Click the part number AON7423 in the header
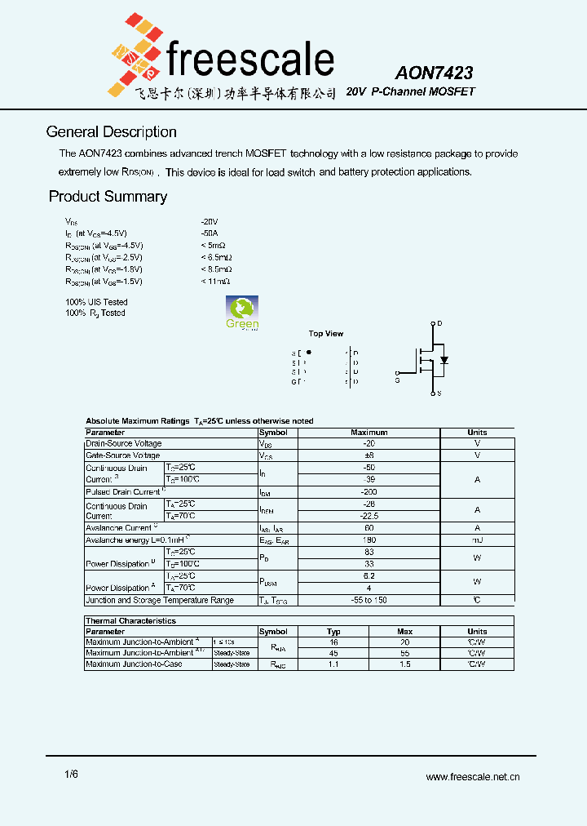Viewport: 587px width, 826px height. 434,73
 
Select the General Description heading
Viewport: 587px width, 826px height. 111,132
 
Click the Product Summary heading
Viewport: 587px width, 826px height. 108,197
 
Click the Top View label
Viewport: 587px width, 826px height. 326,334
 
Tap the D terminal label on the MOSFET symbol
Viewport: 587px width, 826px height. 439,324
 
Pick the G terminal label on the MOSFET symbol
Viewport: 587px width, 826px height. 397,380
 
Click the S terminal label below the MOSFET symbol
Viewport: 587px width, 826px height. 439,393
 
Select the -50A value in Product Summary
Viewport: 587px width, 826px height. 209,233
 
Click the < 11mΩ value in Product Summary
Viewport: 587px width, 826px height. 215,281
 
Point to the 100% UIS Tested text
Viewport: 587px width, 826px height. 96,302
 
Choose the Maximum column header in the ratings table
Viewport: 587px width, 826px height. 369,433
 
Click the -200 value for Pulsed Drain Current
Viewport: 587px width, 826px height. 369,492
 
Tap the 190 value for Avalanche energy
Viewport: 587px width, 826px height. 369,540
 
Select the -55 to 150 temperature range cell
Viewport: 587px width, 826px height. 369,600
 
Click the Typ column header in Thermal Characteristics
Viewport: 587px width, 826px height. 333,632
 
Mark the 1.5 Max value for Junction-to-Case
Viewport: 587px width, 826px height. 404,664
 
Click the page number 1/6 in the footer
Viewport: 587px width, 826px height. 71,775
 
